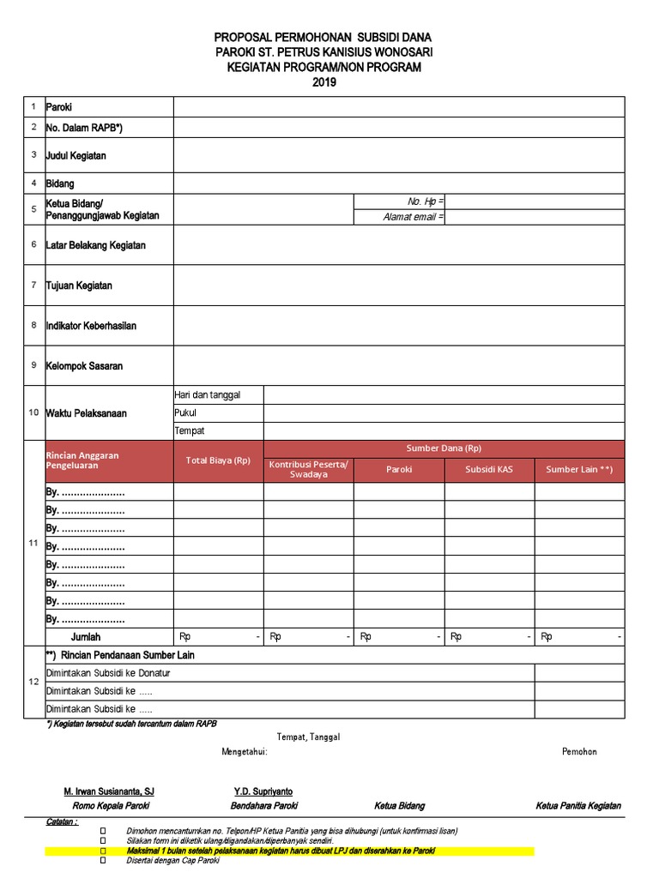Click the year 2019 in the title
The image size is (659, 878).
click(324, 82)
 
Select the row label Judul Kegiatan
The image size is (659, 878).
click(76, 156)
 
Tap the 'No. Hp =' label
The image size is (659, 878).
click(426, 201)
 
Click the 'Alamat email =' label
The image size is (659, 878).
click(414, 218)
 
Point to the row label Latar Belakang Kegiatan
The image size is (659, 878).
click(95, 245)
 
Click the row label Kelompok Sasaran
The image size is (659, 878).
click(84, 366)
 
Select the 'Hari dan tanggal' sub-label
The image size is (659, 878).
click(207, 394)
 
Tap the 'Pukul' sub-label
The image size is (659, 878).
click(185, 412)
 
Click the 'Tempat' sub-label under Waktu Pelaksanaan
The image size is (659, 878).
click(189, 430)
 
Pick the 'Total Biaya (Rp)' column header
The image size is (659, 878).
click(218, 460)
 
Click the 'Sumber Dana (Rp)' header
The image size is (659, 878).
click(444, 448)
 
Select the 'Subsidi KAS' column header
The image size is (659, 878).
click(489, 470)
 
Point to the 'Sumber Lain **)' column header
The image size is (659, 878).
click(579, 470)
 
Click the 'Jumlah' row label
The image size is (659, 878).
click(86, 637)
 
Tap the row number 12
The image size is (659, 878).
click(33, 682)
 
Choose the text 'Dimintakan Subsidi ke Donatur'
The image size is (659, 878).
click(108, 673)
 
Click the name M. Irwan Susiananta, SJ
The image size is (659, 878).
click(109, 791)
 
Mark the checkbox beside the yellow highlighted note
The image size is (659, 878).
click(104, 851)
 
